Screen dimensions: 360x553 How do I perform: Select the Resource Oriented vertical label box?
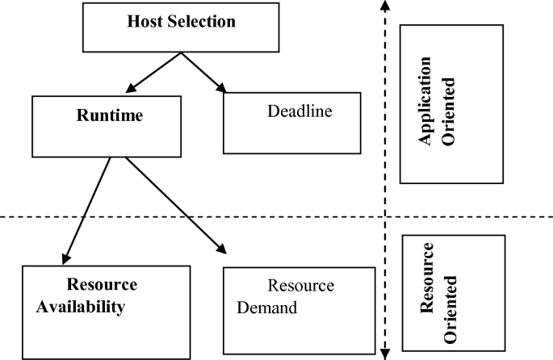[x=453, y=293]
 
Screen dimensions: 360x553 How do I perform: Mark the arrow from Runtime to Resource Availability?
[x=86, y=208]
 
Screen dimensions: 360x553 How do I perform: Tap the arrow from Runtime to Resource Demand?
[x=170, y=203]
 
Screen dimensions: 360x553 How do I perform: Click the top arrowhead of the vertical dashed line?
[x=386, y=6]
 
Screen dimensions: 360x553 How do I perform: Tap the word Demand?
[x=267, y=308]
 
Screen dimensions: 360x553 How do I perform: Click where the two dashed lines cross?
[x=386, y=216]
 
